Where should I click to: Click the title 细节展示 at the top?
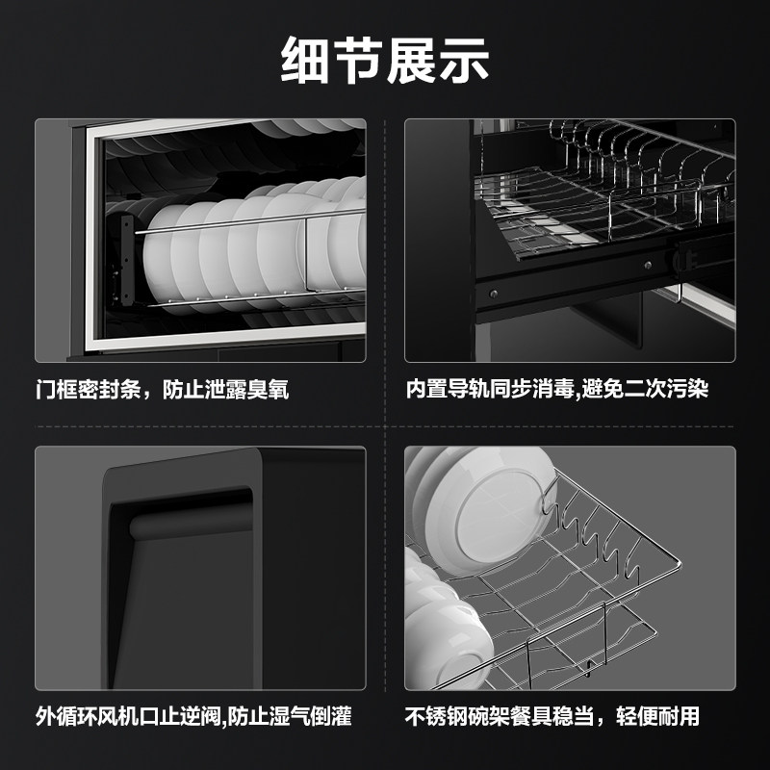click(385, 60)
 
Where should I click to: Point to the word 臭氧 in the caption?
click(269, 391)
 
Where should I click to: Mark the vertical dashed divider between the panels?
click(385, 404)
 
